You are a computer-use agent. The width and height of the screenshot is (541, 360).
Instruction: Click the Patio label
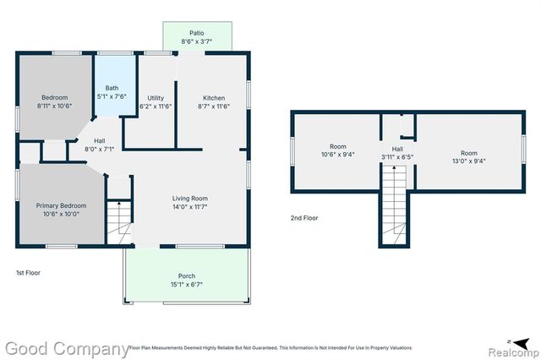pos(197,33)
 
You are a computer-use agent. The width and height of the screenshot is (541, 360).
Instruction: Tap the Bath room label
pos(112,88)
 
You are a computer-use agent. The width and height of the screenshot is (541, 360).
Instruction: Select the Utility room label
pos(156,98)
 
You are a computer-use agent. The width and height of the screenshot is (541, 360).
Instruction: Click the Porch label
pos(186,276)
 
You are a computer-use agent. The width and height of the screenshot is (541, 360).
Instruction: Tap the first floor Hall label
pos(100,140)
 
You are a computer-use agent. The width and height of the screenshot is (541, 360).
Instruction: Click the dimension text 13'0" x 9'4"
pos(468,161)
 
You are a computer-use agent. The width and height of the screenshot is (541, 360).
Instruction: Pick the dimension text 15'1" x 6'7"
pos(186,284)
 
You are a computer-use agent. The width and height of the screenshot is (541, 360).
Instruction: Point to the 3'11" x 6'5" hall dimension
pos(396,157)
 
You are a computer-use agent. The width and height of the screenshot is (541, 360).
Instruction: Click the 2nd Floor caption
pos(304,218)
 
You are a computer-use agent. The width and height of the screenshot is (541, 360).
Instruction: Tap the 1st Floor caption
pos(28,273)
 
